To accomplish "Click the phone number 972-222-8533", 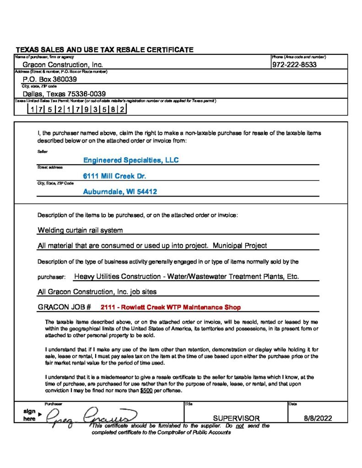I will [x=294, y=65].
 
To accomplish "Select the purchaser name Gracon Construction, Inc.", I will [x=63, y=65].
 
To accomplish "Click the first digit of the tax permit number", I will [x=30, y=110].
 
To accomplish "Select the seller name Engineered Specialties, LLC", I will [x=131, y=160].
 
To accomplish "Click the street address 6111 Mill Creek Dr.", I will [x=114, y=176].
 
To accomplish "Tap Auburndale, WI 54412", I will [x=120, y=192].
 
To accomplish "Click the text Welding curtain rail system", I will [x=80, y=230].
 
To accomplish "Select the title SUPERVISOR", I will [x=236, y=418].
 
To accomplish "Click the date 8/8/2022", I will [x=318, y=418].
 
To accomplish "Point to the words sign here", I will [x=30, y=415].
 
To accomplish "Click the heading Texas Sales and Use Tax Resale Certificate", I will [x=105, y=50].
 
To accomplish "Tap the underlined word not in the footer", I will [x=239, y=425].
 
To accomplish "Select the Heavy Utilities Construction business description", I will [x=186, y=277].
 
